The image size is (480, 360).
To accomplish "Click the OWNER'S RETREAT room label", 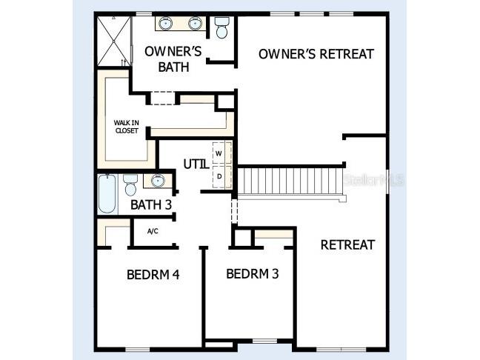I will click(316, 54).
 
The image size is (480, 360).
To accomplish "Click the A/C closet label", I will click(152, 231).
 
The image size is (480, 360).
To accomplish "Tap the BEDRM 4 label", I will click(153, 274).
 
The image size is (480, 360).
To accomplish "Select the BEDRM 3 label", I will click(252, 273).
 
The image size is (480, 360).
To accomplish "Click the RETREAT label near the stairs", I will click(347, 245).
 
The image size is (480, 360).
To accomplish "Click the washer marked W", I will click(219, 154).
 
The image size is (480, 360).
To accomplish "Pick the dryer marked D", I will click(219, 177).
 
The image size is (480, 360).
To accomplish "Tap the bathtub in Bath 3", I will click(107, 193).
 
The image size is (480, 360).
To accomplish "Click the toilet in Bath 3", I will click(130, 183).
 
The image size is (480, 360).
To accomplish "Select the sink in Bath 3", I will click(157, 180).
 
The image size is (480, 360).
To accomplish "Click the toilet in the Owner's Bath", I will click(221, 28).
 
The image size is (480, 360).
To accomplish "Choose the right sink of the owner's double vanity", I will click(196, 23).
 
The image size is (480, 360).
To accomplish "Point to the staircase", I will click(290, 181).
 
